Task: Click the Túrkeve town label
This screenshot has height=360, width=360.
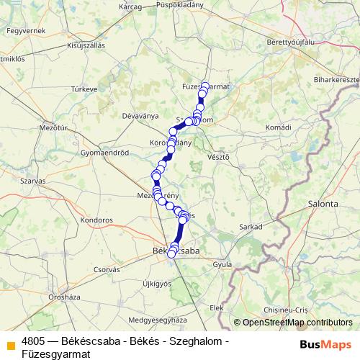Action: [x=84, y=89]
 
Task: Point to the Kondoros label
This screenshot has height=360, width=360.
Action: [x=96, y=218]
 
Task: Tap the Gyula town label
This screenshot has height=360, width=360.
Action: [x=222, y=264]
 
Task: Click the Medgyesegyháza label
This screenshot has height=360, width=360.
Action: [x=153, y=319]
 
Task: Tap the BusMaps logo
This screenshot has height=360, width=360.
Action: [x=320, y=345]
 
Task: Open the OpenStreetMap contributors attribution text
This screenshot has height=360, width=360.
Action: [x=297, y=323]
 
